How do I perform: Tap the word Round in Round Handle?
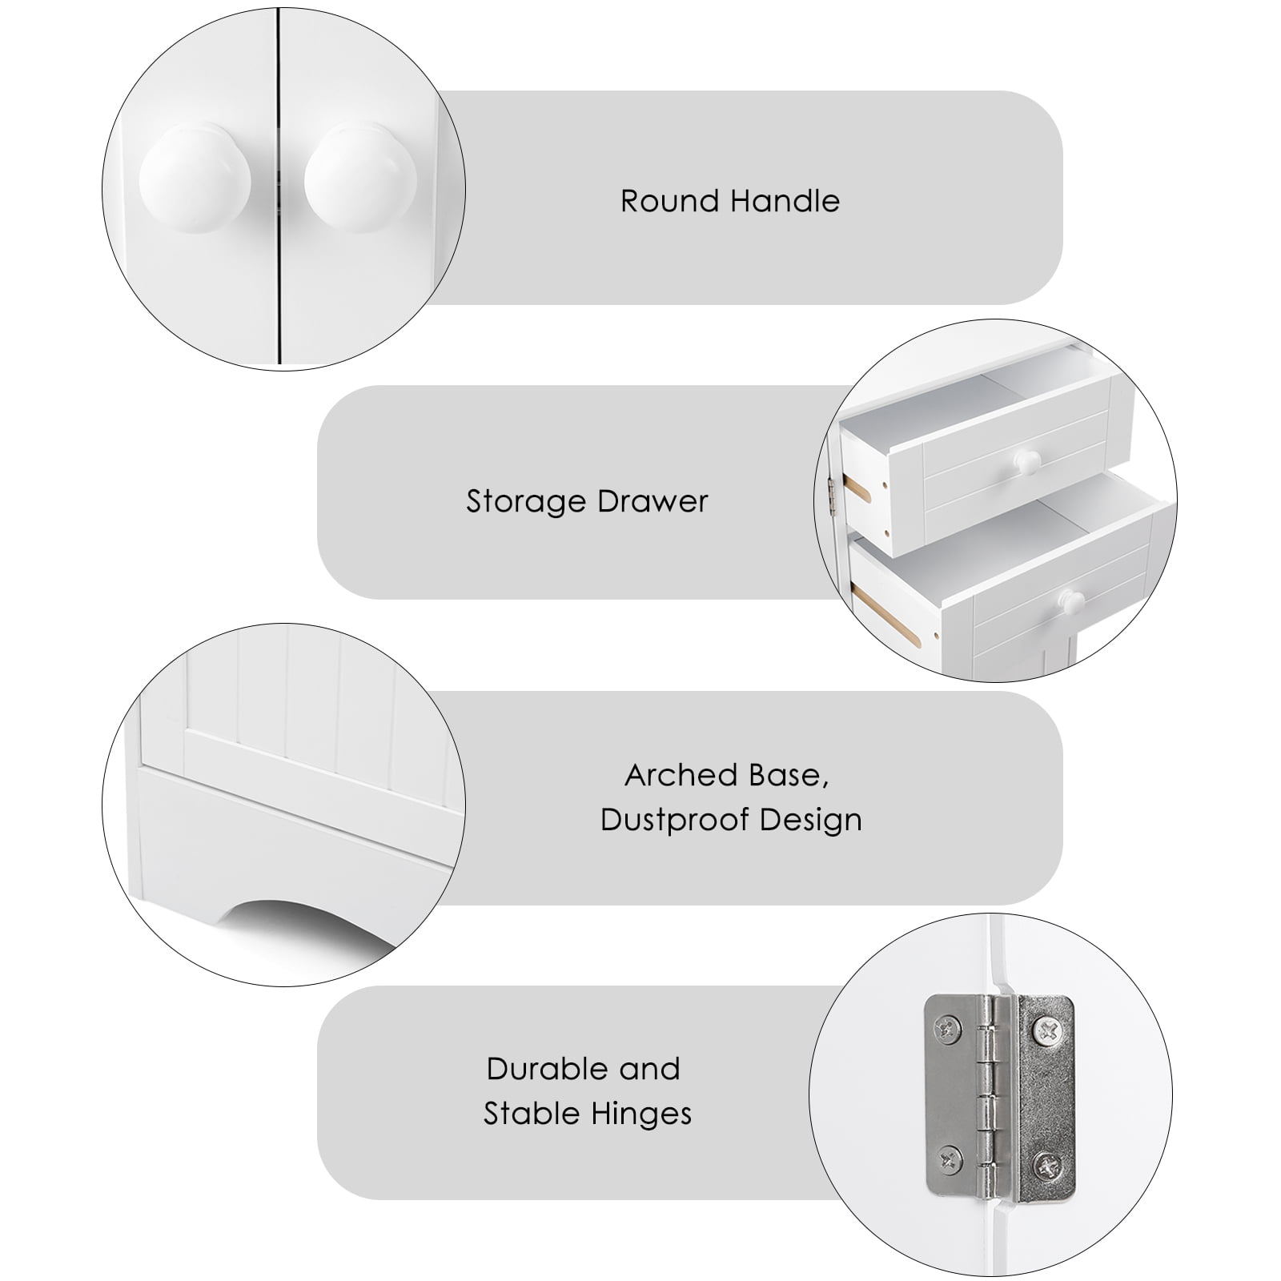click(x=669, y=201)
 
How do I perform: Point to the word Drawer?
click(x=653, y=502)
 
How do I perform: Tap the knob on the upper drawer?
click(x=1026, y=460)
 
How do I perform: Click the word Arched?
click(x=681, y=775)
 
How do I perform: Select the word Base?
click(x=789, y=775)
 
